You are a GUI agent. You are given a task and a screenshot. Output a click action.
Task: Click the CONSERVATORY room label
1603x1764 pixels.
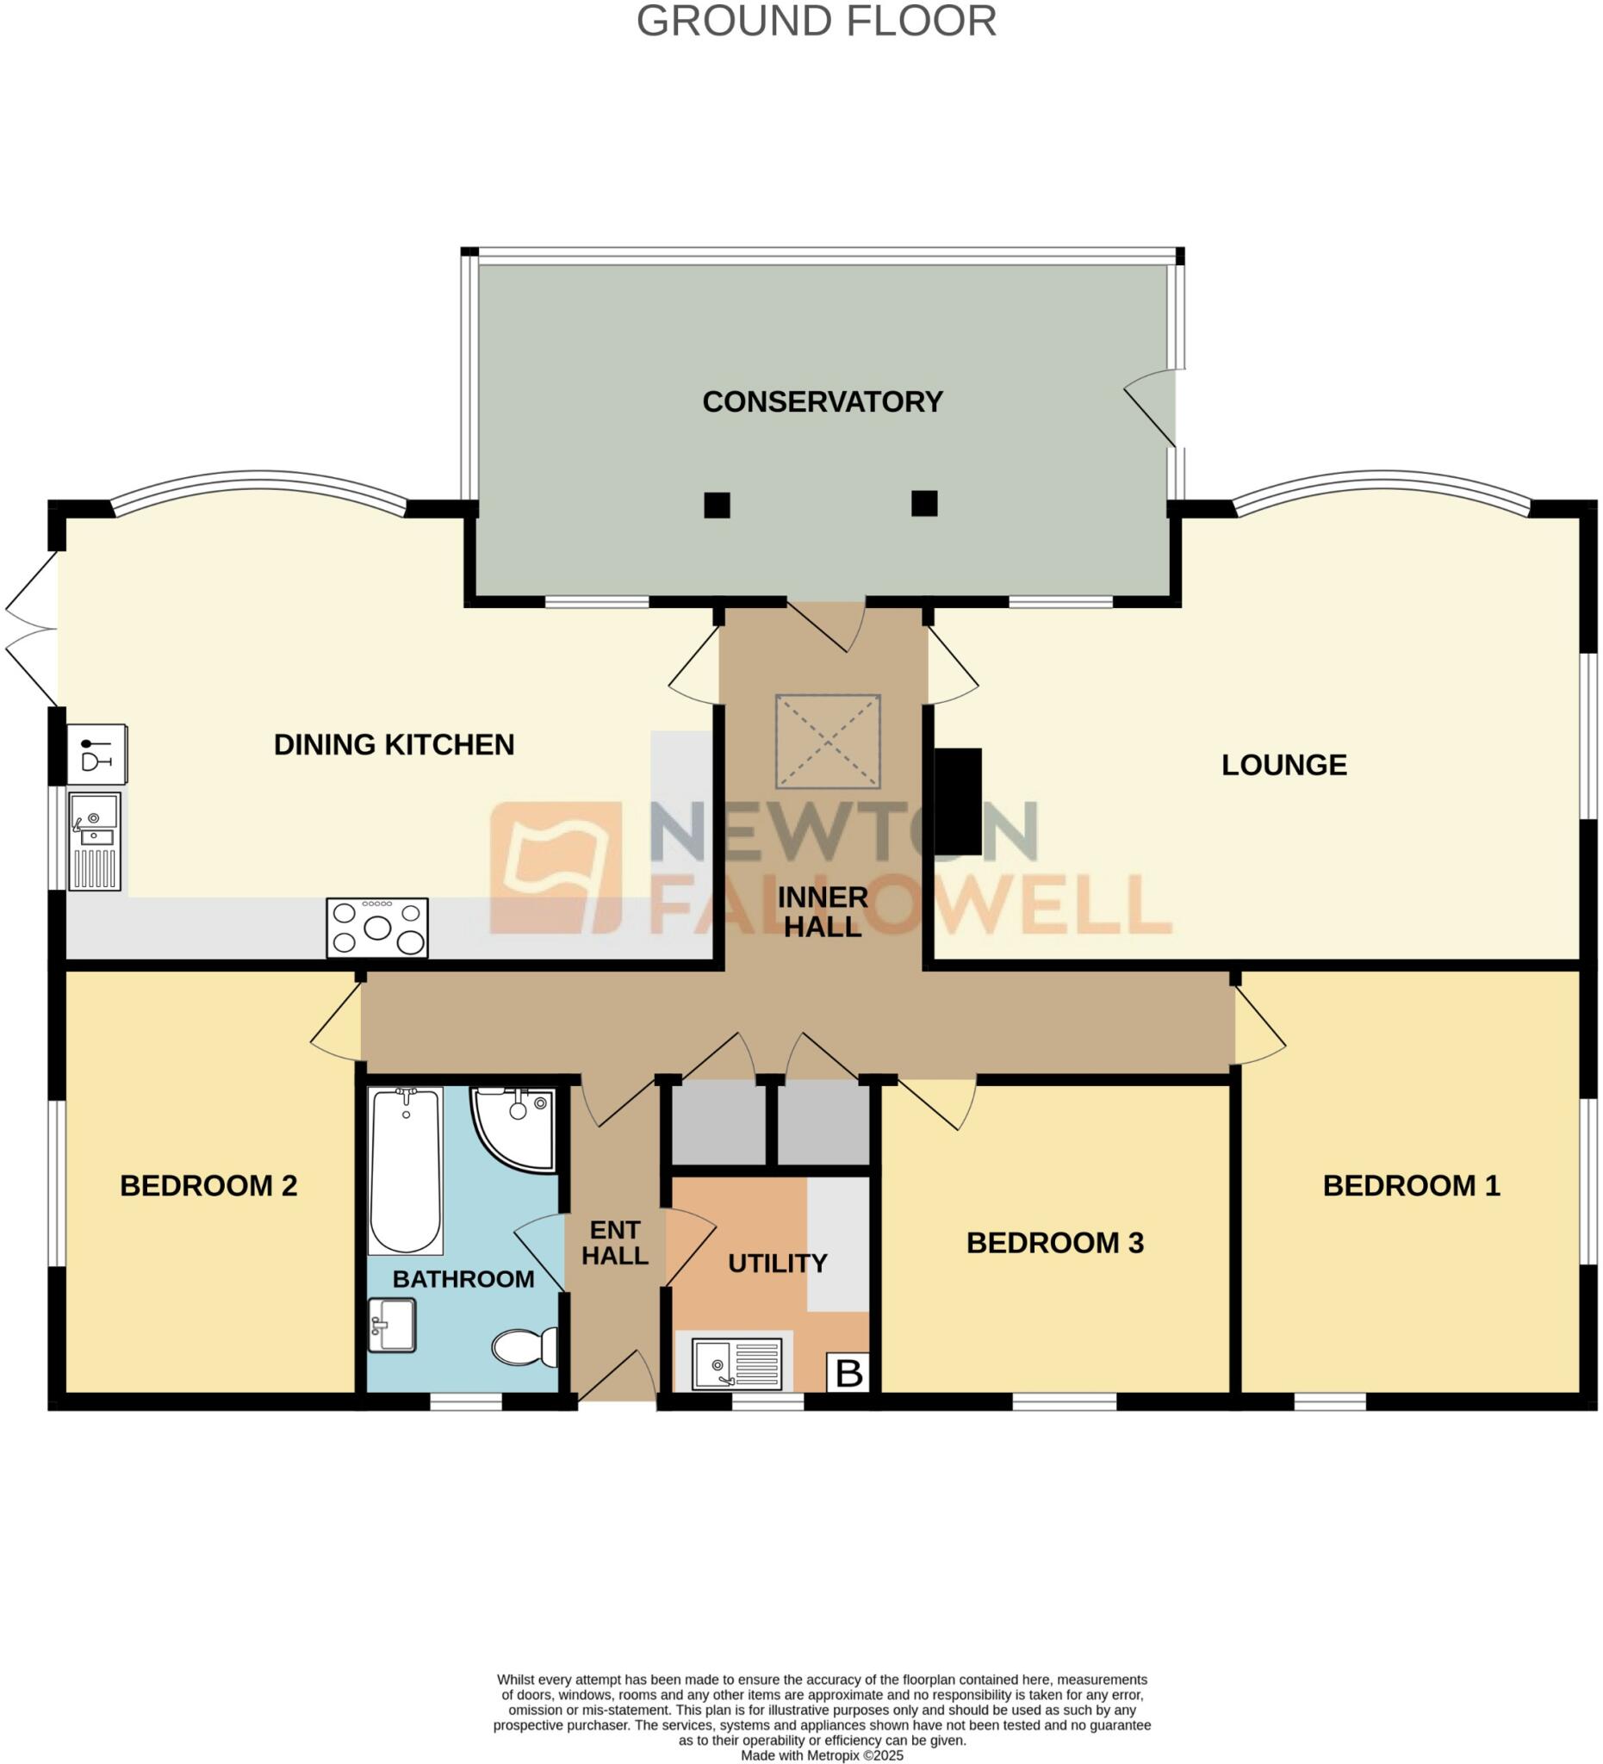tap(822, 401)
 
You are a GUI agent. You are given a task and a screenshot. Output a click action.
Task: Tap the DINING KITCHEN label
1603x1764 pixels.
tap(394, 745)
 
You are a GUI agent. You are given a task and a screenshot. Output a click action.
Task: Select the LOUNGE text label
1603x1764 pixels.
tap(1283, 765)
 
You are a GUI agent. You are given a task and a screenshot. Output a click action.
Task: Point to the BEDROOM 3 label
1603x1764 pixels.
tap(1054, 1243)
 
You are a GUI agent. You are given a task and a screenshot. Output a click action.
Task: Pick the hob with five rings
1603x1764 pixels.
tap(377, 928)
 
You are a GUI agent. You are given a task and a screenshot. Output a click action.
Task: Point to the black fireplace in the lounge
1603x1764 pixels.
tap(958, 801)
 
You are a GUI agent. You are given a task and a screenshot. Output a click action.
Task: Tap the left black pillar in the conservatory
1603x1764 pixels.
tap(717, 505)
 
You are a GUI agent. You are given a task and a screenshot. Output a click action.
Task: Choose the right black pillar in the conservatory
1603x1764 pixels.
tap(924, 503)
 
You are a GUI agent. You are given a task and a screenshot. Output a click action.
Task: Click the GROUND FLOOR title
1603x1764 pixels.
tap(816, 21)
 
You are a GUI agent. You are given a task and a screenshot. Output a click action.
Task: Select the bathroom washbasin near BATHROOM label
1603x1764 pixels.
tap(391, 1325)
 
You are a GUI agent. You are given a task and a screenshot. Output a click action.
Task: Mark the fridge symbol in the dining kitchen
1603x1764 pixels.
tap(97, 754)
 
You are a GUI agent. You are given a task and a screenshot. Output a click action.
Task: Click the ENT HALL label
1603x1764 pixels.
tap(614, 1243)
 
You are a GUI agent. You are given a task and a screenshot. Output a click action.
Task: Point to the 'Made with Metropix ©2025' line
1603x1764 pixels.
tap(822, 1755)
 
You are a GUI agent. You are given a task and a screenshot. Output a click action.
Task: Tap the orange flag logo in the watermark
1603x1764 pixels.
tap(556, 867)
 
